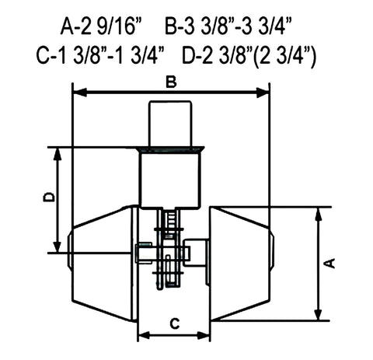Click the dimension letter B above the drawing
(171, 82)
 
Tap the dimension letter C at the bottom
(175, 323)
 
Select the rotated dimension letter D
(49, 197)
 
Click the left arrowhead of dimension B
(80, 93)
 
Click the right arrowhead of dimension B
(263, 93)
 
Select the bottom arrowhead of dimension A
(318, 314)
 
